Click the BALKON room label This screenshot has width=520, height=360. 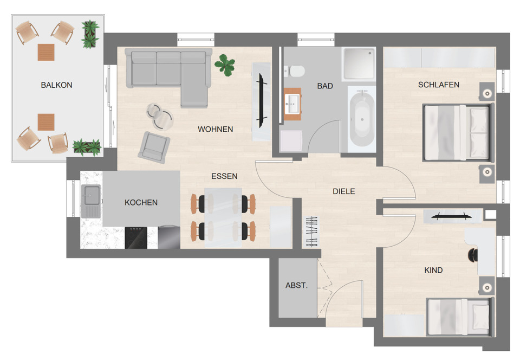tap(56, 85)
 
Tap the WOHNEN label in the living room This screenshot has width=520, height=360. tap(215, 129)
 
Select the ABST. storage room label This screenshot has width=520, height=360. tap(296, 285)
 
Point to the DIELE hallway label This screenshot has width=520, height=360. tap(343, 191)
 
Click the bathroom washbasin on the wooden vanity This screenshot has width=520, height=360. tap(292, 102)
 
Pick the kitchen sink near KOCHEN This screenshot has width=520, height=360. tap(90, 195)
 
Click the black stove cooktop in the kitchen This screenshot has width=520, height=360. tap(136, 237)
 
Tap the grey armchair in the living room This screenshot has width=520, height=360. tap(154, 146)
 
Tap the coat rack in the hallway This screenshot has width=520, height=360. tap(313, 231)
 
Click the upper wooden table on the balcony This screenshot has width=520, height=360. tap(46, 52)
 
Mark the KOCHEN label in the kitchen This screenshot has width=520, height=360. tap(141, 202)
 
